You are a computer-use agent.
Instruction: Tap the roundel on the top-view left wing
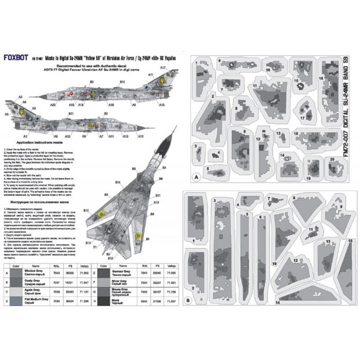pyautogui.click(x=100, y=215)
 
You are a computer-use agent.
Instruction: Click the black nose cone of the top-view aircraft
pyautogui.click(x=170, y=138)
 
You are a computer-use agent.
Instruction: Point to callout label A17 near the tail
pyautogui.click(x=163, y=69)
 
